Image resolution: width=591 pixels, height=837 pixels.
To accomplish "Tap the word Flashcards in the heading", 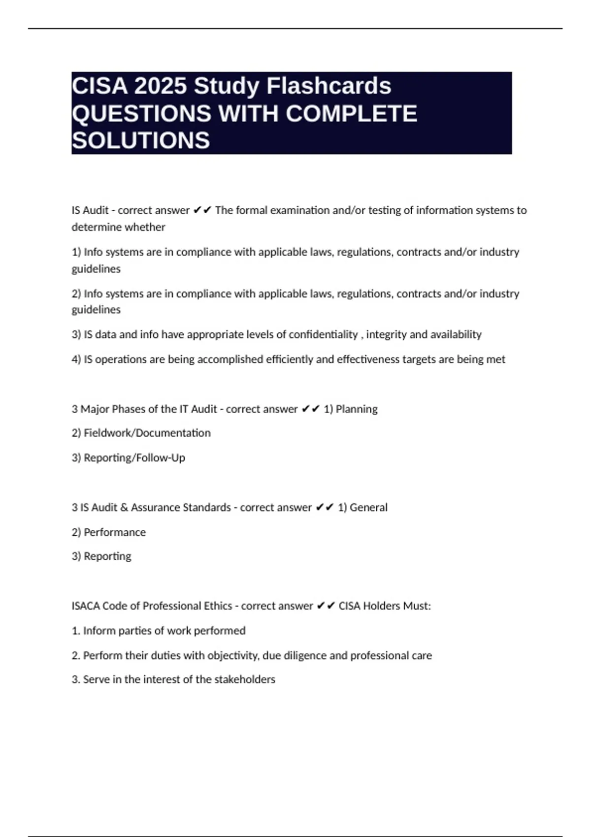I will pos(328,86).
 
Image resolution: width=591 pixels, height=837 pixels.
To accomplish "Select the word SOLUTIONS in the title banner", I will pos(141,141).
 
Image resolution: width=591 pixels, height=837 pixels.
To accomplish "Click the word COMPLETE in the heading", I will pos(351,114).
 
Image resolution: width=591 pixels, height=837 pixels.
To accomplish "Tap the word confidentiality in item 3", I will pos(323,335).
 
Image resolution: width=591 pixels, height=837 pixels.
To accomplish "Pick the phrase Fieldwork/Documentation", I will pos(147,433).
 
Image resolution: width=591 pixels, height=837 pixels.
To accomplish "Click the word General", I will pos(368,508).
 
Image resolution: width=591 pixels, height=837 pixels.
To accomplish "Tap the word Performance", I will pos(115,532).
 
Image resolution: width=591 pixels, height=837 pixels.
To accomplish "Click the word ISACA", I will pos(85,606).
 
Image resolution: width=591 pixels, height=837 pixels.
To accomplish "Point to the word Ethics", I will pos(218,606).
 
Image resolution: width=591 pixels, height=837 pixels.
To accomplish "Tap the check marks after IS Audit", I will pos(202,210).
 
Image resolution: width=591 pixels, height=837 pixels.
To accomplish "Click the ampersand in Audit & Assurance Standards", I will pos(124,508).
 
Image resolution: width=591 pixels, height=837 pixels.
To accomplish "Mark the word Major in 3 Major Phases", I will pos(95,409).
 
